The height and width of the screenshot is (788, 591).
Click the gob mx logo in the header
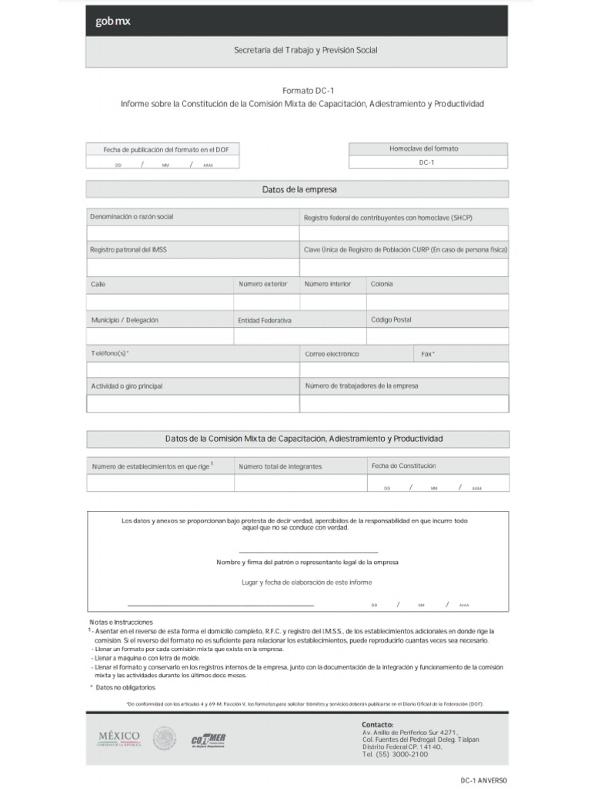(x=113, y=22)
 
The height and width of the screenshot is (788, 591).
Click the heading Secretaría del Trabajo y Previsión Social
(x=306, y=50)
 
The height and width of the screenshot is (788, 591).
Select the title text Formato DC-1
(x=302, y=90)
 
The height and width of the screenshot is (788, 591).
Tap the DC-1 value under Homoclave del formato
(x=427, y=162)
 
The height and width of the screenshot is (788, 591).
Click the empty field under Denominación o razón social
(x=192, y=233)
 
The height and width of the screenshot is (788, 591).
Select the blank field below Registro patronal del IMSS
(x=192, y=267)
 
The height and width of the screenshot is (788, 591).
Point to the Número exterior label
(x=262, y=284)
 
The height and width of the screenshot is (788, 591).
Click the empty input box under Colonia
(x=437, y=302)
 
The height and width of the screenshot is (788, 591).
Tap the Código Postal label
(x=391, y=319)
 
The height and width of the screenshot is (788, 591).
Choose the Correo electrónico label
(x=332, y=354)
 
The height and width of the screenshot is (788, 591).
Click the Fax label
(x=427, y=354)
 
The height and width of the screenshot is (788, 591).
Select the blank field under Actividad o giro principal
(x=192, y=404)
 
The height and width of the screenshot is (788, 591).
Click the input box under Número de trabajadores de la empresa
(x=404, y=404)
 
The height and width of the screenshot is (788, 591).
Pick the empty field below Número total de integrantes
(x=300, y=483)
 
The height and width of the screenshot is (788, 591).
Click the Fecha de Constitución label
(x=403, y=466)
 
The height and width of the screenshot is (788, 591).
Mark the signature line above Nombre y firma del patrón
(x=308, y=552)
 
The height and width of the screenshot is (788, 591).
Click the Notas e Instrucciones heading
(x=121, y=622)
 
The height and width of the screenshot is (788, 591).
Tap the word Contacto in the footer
(x=377, y=724)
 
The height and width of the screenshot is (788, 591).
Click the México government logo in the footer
(x=118, y=737)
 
